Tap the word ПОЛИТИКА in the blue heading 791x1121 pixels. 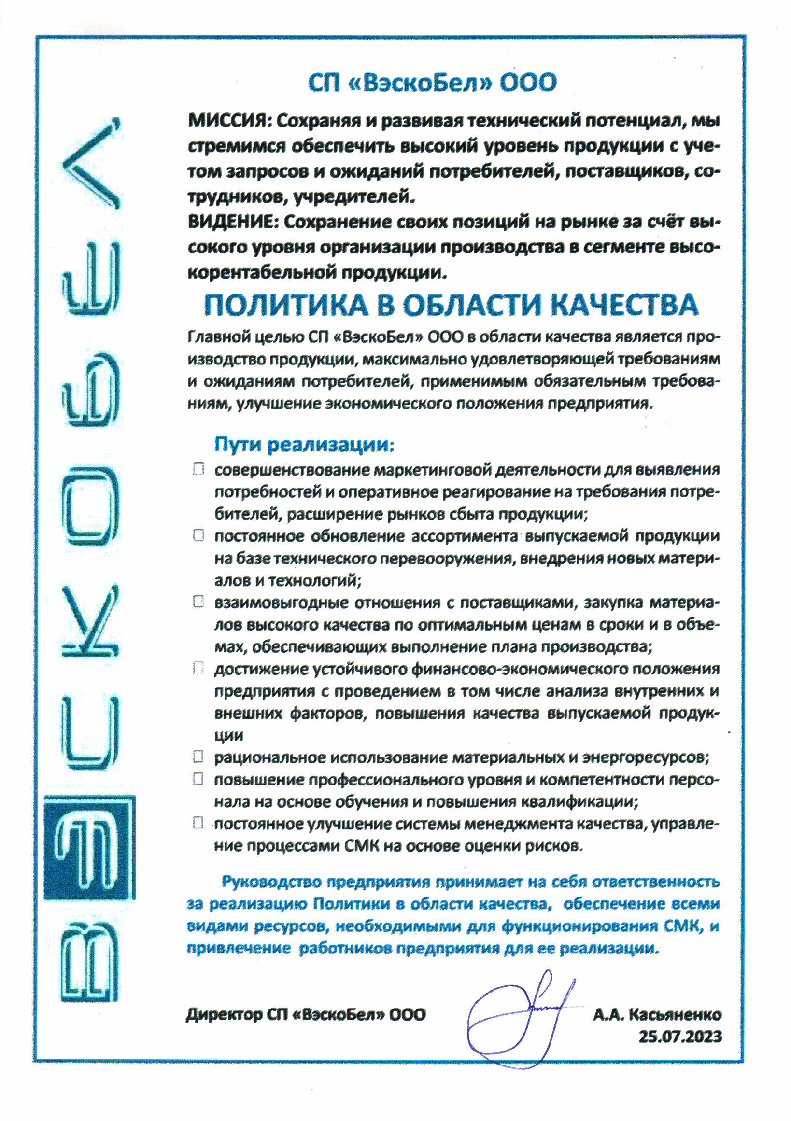[286, 305]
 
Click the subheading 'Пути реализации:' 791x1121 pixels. [304, 444]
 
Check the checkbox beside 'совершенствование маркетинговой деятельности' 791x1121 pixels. [199, 469]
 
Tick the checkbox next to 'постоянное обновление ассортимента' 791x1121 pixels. [199, 535]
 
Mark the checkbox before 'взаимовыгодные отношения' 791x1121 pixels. [199, 602]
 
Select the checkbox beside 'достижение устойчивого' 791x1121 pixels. [199, 668]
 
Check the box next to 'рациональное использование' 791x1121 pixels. [198, 757]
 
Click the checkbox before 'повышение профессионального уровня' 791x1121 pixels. [198, 779]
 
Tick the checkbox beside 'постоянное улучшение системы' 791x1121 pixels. [198, 823]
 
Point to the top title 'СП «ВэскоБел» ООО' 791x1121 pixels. [432, 83]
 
